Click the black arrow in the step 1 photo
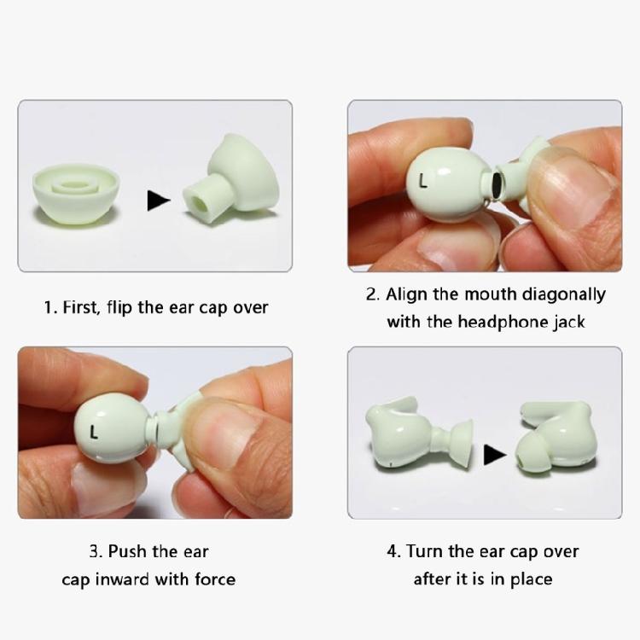(159, 200)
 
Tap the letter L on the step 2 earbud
(422, 181)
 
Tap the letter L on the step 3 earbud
(94, 433)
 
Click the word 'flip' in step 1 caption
(119, 307)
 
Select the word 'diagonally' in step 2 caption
(563, 294)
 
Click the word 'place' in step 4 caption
(529, 579)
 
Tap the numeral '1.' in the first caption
(50, 307)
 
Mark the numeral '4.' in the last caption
(394, 551)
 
